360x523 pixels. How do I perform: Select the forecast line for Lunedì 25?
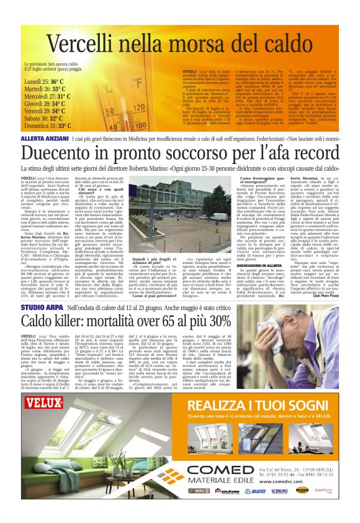coord(44,81)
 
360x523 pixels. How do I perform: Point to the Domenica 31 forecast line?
coord(47,125)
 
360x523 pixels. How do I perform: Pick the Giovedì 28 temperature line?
coord(46,103)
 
